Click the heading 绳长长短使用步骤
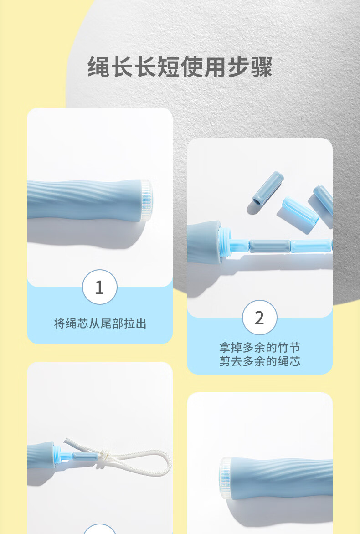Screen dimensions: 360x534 [180, 67]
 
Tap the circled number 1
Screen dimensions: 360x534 [99, 287]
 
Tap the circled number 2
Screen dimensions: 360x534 [260, 318]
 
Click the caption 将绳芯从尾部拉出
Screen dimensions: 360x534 [100, 323]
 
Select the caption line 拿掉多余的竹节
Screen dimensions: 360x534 [260, 348]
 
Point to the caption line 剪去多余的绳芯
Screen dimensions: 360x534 [260, 361]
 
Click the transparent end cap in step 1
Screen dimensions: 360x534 [147, 200]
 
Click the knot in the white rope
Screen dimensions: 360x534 [103, 455]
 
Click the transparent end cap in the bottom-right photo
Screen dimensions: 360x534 [225, 478]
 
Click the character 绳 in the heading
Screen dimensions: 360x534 [99, 67]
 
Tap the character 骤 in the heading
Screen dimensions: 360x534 [261, 67]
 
